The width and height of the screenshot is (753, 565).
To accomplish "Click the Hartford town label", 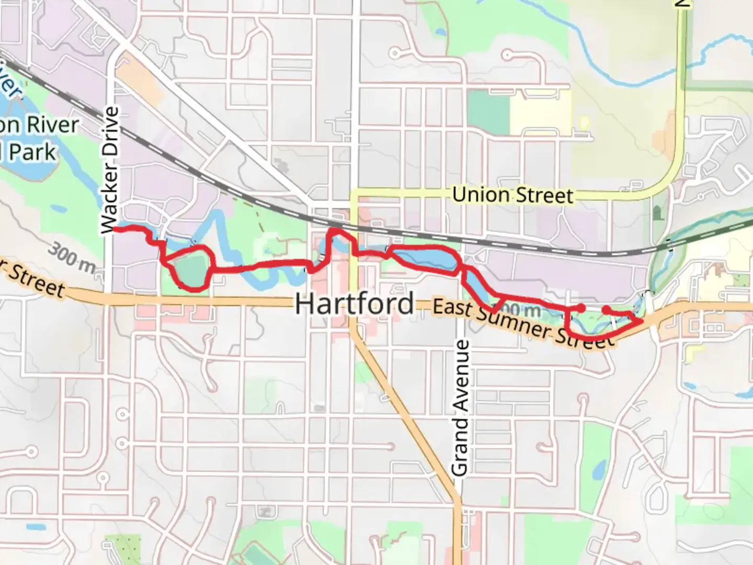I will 354,304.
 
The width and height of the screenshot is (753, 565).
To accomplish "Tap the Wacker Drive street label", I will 110,170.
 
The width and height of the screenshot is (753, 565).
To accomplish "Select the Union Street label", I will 512,195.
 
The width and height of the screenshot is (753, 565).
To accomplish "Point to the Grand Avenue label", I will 460,408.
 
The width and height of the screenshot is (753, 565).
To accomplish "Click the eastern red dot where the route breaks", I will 606,310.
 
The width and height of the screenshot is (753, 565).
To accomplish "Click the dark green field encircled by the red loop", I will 191,269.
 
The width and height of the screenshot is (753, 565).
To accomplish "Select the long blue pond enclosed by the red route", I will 426,258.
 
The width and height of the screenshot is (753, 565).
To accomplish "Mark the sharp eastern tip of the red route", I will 642,321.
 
